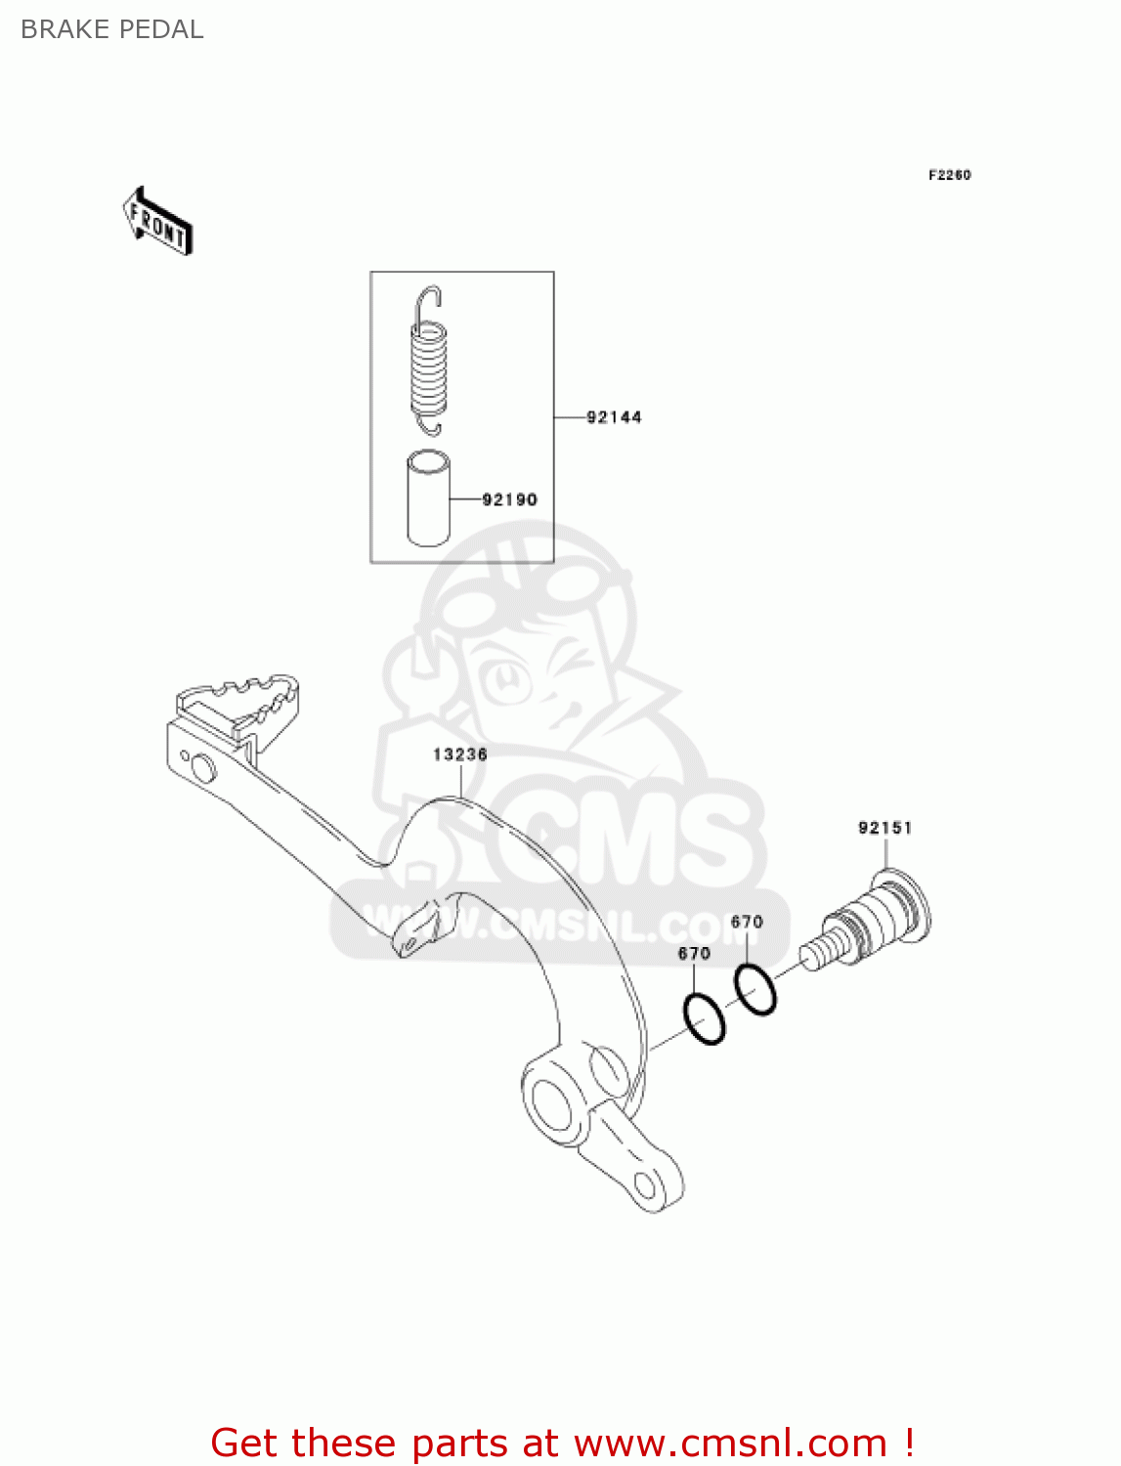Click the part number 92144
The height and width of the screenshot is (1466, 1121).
614,417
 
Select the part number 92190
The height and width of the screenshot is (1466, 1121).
509,499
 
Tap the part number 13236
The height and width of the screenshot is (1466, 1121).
460,755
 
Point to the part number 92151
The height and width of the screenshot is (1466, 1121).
884,828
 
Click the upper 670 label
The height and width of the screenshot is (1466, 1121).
747,922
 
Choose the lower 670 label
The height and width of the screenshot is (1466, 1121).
694,953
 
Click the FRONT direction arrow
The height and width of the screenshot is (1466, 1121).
157,222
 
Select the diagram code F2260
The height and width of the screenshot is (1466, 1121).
949,175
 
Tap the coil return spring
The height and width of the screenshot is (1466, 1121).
428,363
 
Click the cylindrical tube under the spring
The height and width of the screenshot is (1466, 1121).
428,497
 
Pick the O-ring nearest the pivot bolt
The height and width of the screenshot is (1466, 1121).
755,989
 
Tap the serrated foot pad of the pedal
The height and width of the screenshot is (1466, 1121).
239,701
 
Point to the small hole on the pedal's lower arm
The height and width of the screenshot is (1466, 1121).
646,1186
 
